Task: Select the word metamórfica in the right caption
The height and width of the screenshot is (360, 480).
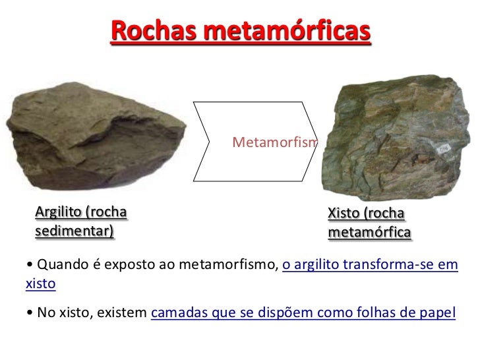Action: [x=370, y=233]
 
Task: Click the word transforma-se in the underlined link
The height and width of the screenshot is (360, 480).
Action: [x=390, y=265]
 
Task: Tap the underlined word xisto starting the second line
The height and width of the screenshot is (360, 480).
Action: [x=40, y=285]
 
